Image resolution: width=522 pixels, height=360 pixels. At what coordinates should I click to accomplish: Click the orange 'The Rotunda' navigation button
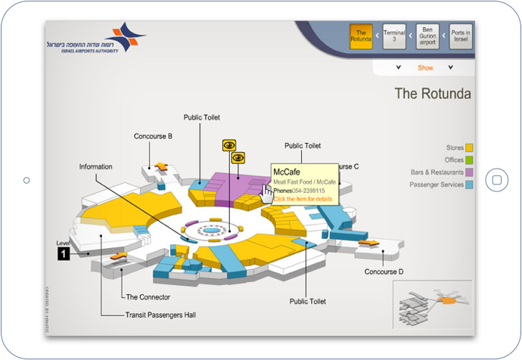pos(361,37)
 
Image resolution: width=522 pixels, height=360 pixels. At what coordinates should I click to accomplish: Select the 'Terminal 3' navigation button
pos(394,37)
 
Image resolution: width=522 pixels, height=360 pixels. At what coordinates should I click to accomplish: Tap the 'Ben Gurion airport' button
pos(428,37)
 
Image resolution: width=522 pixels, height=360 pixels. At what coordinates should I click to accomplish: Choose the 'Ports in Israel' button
pos(461,37)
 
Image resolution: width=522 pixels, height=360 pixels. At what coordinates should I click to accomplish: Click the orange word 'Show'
pos(425,68)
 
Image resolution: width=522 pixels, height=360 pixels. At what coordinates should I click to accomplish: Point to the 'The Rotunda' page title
pos(433,95)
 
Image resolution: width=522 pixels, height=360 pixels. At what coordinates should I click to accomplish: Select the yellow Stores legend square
pos(469,147)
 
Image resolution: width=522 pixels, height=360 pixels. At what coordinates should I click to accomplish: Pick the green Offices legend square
pos(469,160)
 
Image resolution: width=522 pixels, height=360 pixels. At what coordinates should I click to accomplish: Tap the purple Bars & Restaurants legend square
pos(469,172)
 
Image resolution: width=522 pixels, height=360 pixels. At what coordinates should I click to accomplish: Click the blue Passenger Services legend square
pos(469,185)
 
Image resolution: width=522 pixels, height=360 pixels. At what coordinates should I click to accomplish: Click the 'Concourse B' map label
pos(154,136)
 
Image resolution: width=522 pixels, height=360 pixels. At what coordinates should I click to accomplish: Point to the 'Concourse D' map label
pos(384,272)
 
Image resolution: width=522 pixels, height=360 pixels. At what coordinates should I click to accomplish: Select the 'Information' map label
pos(95,166)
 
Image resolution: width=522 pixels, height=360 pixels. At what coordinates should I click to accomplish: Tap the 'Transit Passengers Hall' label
pos(160,315)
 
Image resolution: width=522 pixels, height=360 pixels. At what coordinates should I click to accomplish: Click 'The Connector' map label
pos(148,297)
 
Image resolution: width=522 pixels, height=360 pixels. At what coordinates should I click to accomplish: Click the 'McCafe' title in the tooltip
pos(287,172)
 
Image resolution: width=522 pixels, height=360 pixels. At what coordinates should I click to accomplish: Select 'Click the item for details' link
pos(303,199)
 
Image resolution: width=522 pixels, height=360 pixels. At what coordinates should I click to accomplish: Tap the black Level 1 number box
pos(64,254)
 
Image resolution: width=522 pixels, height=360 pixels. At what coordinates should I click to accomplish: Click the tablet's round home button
pos(496,180)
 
